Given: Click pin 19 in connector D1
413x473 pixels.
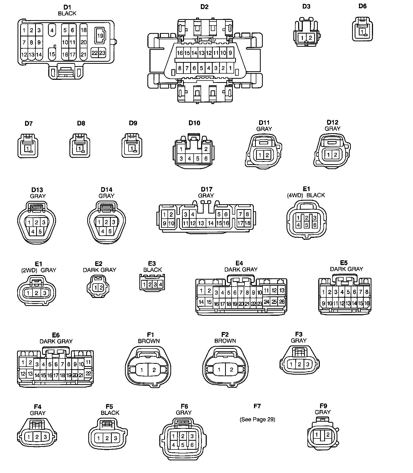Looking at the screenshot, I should [x=100, y=36].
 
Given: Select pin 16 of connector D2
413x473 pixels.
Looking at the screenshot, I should [x=180, y=53].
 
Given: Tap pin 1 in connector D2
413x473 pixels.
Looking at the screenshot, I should [x=230, y=68].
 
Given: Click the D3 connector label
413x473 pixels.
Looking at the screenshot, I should [x=306, y=6].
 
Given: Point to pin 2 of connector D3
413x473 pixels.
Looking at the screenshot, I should [x=310, y=38].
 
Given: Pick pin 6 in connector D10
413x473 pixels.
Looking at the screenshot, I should [x=206, y=159].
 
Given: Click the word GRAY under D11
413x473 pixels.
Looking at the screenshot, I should [x=264, y=129].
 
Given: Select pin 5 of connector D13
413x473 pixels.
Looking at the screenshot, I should [x=40, y=232].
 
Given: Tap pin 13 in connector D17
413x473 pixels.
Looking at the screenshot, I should [x=201, y=223].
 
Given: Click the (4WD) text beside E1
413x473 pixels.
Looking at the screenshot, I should [x=295, y=195].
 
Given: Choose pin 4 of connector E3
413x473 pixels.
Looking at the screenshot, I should [x=161, y=285].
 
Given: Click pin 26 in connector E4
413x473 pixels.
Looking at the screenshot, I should [x=282, y=302].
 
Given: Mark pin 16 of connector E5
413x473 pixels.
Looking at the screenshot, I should [x=367, y=303].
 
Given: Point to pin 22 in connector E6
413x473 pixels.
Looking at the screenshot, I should [x=89, y=373].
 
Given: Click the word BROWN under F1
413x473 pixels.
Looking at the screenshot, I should [x=149, y=341].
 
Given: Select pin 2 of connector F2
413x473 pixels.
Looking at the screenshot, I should [x=231, y=370].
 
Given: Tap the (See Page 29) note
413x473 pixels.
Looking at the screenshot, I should [x=257, y=419].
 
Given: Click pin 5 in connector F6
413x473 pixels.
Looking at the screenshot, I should [x=183, y=445].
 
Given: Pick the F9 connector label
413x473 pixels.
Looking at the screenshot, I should [x=323, y=406].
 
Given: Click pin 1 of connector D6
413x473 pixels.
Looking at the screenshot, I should [x=362, y=32].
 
